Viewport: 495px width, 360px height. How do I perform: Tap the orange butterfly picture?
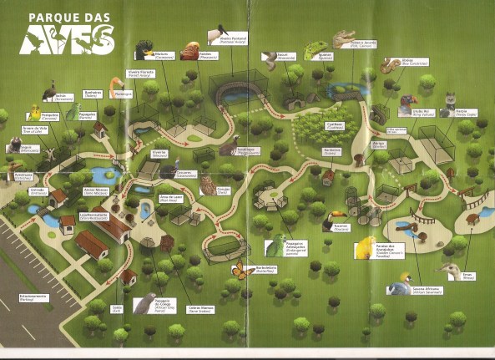pos(243,269)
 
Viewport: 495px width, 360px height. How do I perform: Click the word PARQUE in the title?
pos(48,16)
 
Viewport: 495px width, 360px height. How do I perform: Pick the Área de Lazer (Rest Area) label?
pos(170,200)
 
